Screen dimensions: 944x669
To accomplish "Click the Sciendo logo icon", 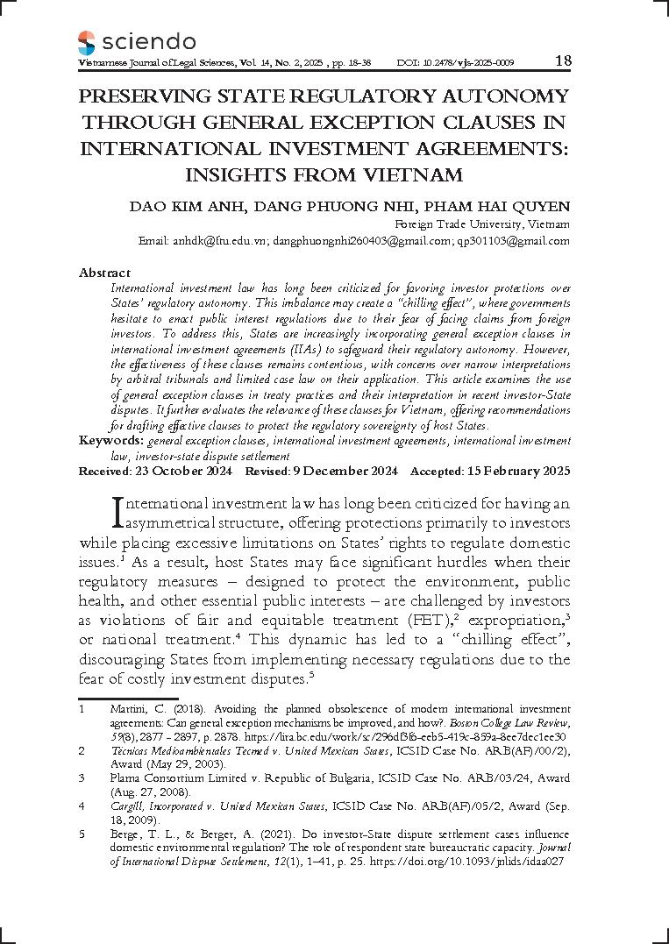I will tap(86, 41).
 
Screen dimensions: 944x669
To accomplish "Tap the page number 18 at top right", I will tap(563, 61).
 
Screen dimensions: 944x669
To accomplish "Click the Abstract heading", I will tap(104, 273).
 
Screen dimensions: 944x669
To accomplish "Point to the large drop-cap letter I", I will tap(120, 515).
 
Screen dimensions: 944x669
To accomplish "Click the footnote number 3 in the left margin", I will tap(81, 777).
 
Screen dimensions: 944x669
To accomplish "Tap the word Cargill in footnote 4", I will tap(127, 805).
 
